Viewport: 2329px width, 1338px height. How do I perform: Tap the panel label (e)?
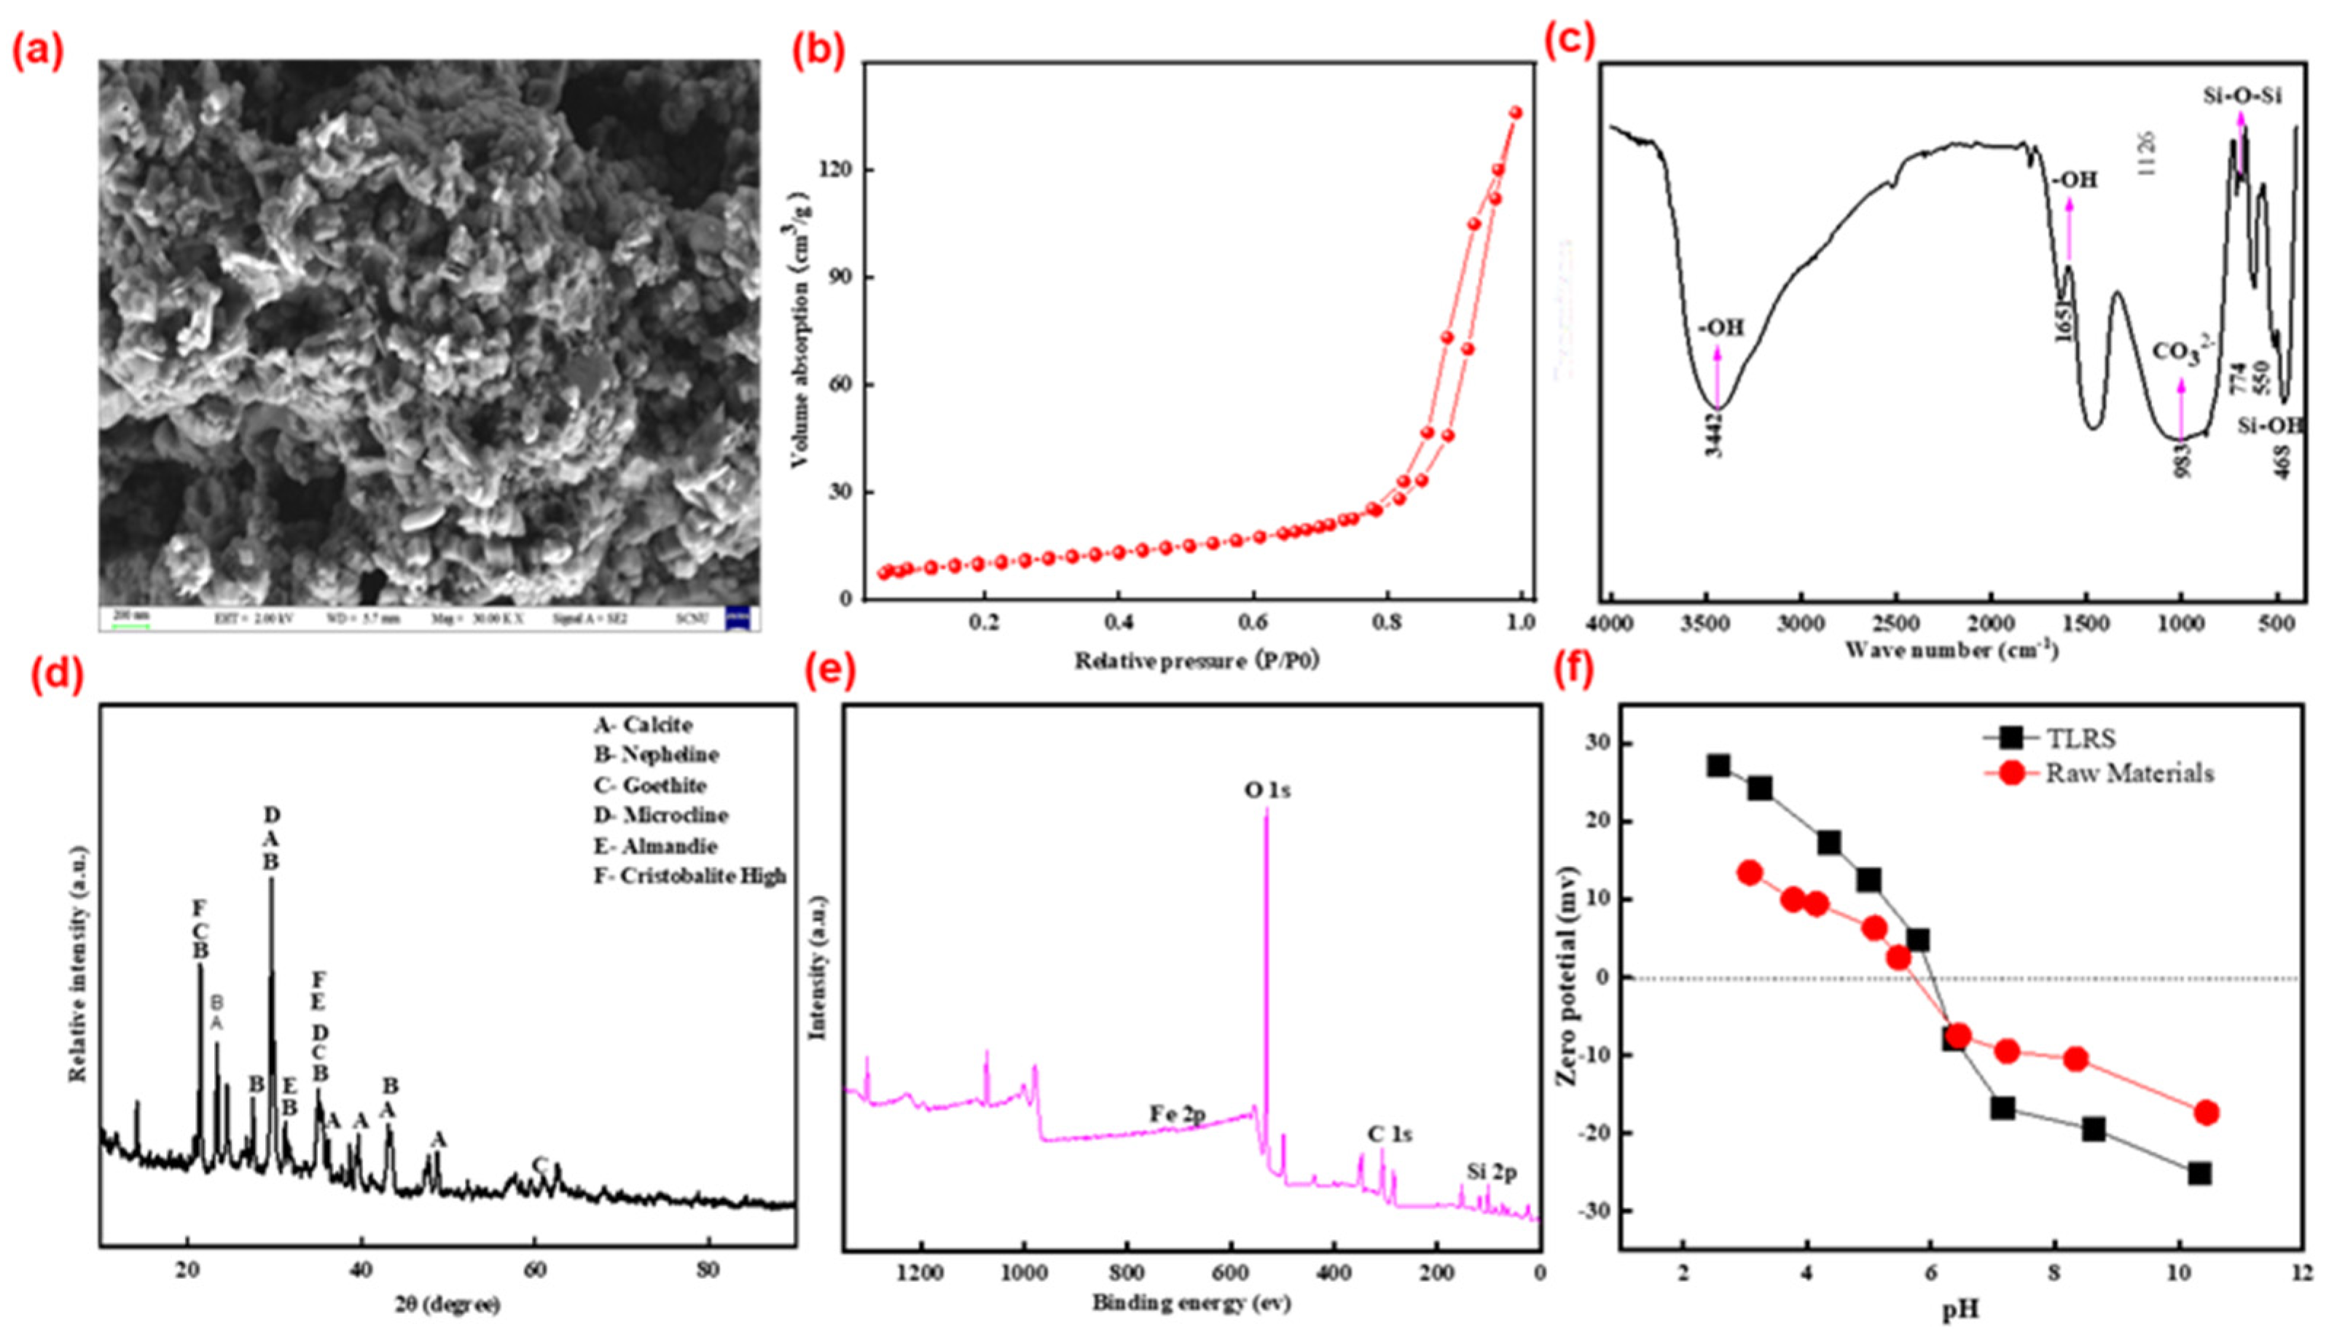click(829, 673)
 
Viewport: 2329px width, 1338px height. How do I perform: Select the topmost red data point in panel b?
click(1516, 112)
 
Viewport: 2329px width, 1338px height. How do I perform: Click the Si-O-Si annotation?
click(2242, 95)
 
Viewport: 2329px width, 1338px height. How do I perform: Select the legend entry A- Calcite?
click(643, 725)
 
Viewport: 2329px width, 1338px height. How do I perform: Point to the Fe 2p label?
click(1178, 1114)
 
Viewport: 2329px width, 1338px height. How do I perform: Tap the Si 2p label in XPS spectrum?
click(1492, 1173)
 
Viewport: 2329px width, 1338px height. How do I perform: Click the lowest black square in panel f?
click(2199, 1173)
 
